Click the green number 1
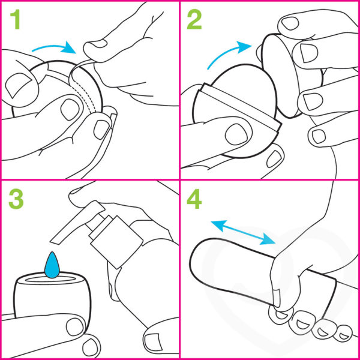tap(15, 19)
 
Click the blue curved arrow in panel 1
tap(54, 47)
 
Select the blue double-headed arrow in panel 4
tap(243, 232)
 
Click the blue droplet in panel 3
tap(53, 265)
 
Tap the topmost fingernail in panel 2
tap(290, 23)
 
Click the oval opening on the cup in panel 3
tap(51, 279)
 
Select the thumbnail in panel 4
tap(277, 298)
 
